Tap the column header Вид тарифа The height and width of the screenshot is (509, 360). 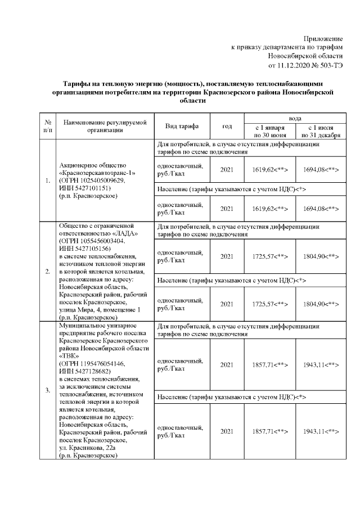[x=181, y=126]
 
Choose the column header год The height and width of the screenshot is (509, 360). [x=227, y=126]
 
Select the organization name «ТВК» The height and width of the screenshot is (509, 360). [x=68, y=356]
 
